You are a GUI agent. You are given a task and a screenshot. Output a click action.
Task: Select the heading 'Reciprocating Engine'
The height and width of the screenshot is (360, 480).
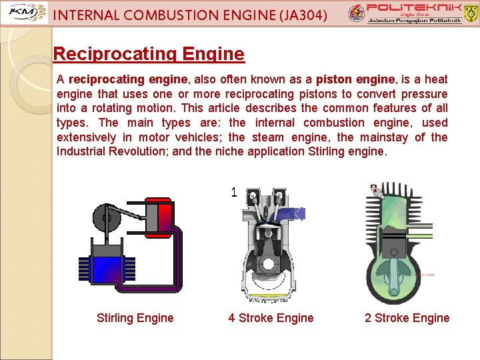[x=149, y=53]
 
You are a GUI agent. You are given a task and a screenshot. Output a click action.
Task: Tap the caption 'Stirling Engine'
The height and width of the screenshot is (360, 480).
[x=135, y=318]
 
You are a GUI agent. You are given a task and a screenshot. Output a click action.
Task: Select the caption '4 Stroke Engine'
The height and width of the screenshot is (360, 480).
[x=271, y=318]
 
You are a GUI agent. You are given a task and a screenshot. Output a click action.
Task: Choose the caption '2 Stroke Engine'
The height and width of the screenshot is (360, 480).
[x=407, y=318]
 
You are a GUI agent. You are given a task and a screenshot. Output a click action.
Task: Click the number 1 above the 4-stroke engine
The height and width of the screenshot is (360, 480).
[x=234, y=193]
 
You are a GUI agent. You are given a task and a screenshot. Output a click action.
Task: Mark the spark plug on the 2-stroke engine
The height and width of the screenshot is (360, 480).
[x=378, y=193]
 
